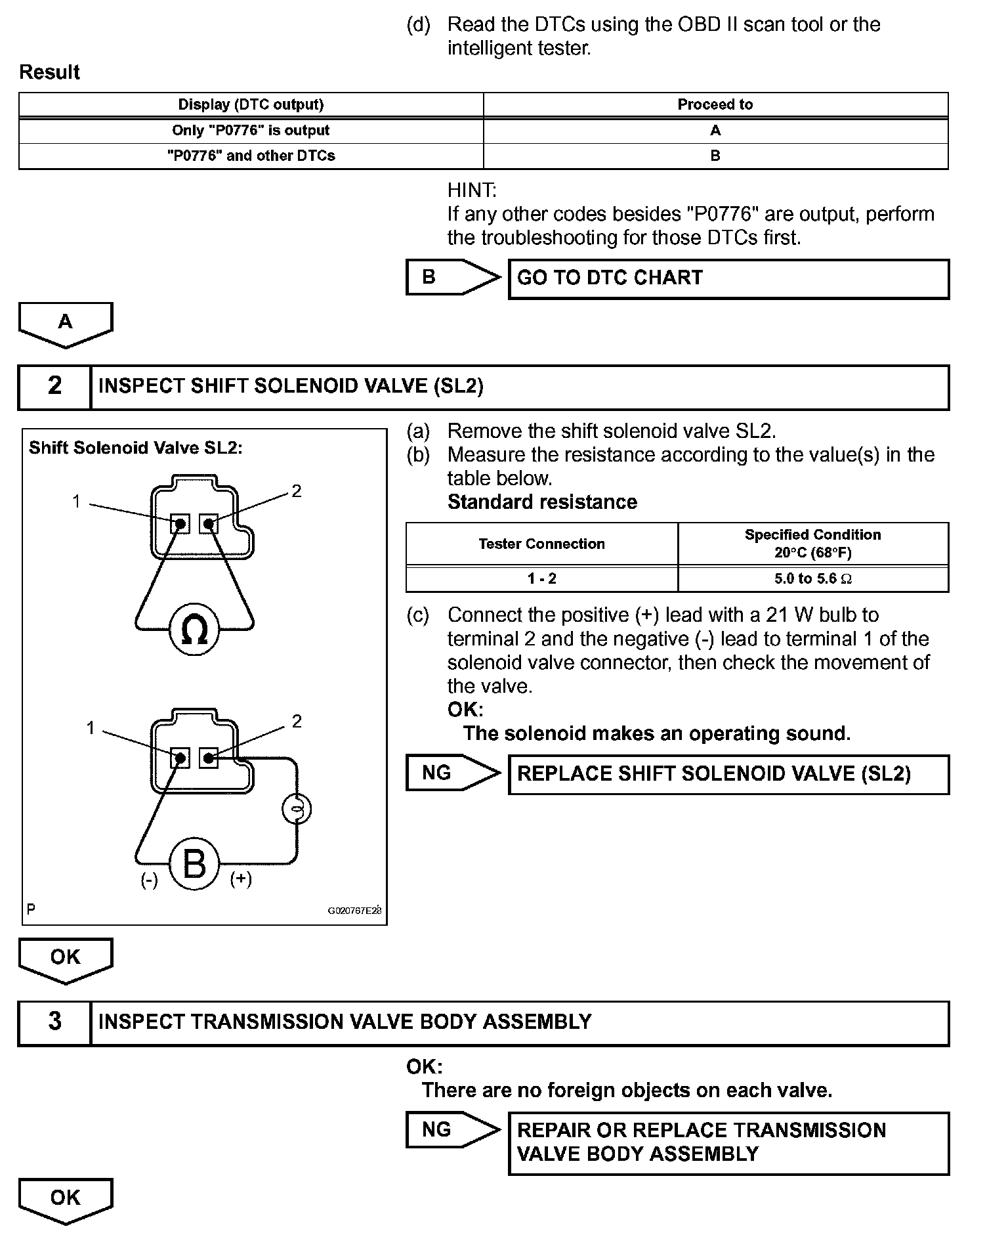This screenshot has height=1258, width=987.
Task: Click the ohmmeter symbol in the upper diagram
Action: tap(194, 630)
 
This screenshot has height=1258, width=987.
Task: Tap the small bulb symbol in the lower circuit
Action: tap(297, 809)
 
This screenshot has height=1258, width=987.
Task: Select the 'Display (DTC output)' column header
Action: tap(251, 104)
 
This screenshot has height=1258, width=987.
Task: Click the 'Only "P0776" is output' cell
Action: tap(251, 130)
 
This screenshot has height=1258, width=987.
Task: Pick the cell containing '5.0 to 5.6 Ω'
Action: tap(812, 578)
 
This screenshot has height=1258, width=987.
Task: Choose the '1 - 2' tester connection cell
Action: tap(541, 578)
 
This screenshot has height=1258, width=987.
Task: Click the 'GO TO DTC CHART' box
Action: tap(728, 278)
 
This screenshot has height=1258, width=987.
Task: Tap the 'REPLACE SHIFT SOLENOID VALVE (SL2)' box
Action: tap(728, 774)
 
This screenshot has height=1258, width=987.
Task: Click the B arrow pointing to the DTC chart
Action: tap(451, 277)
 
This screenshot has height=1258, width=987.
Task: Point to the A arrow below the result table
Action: tap(66, 324)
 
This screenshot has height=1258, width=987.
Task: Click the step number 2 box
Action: tap(54, 386)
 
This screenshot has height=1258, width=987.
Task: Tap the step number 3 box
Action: tap(54, 1022)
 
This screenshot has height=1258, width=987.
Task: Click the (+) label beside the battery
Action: tap(241, 879)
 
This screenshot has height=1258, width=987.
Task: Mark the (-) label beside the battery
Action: tap(150, 880)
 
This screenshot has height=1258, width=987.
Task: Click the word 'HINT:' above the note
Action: tap(472, 190)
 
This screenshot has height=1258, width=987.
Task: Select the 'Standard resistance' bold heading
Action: tap(542, 502)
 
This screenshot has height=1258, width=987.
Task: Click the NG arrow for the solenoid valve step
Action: tap(451, 773)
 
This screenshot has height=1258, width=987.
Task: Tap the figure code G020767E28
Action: tap(354, 911)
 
